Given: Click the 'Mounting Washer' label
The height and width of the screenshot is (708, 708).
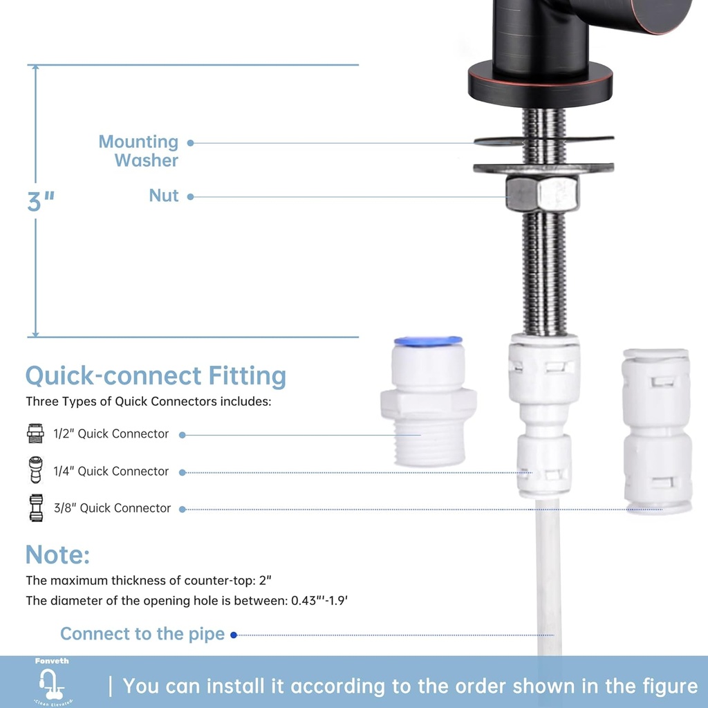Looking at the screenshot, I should [x=138, y=151].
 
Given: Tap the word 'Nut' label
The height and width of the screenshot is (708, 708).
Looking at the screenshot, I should [x=164, y=196].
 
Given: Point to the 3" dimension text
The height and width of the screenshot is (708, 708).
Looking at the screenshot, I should [x=41, y=202].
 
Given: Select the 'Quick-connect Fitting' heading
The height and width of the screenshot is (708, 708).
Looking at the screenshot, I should [x=156, y=376].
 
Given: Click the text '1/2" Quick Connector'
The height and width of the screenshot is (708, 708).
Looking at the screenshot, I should [x=111, y=434].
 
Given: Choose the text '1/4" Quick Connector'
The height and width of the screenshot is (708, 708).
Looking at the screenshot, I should [x=111, y=471].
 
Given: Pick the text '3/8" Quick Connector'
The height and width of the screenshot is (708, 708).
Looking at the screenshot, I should [x=113, y=508].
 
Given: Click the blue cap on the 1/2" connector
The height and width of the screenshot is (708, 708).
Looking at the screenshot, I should [x=427, y=341].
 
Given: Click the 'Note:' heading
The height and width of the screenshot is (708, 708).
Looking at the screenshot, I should [x=57, y=555].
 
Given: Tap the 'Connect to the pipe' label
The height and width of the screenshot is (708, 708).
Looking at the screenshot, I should [x=142, y=634].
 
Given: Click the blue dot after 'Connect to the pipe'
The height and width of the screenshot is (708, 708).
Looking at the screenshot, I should [x=234, y=635].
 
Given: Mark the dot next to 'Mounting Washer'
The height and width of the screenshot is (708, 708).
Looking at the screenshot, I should [x=191, y=143].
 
